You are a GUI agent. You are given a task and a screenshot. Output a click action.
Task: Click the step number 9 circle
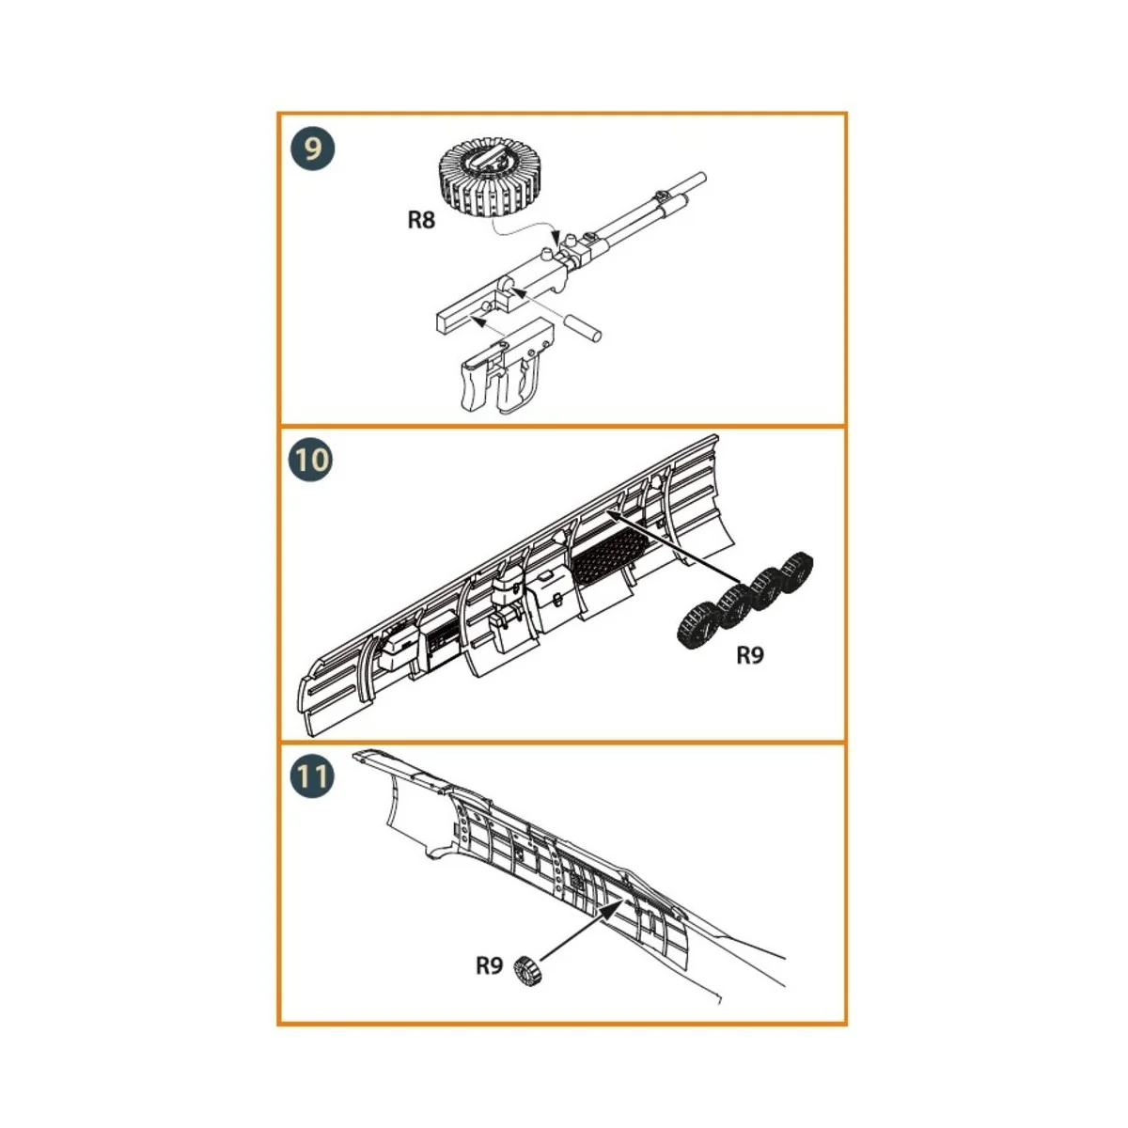(x=311, y=149)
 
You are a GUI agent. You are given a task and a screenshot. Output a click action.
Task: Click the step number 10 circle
(x=311, y=461)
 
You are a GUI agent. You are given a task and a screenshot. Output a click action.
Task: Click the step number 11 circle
(x=311, y=777)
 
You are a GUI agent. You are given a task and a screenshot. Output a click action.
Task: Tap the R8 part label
(x=421, y=221)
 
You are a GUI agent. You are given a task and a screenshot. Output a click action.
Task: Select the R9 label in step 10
(x=749, y=656)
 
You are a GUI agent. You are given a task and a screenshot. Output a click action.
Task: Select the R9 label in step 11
(x=489, y=965)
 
